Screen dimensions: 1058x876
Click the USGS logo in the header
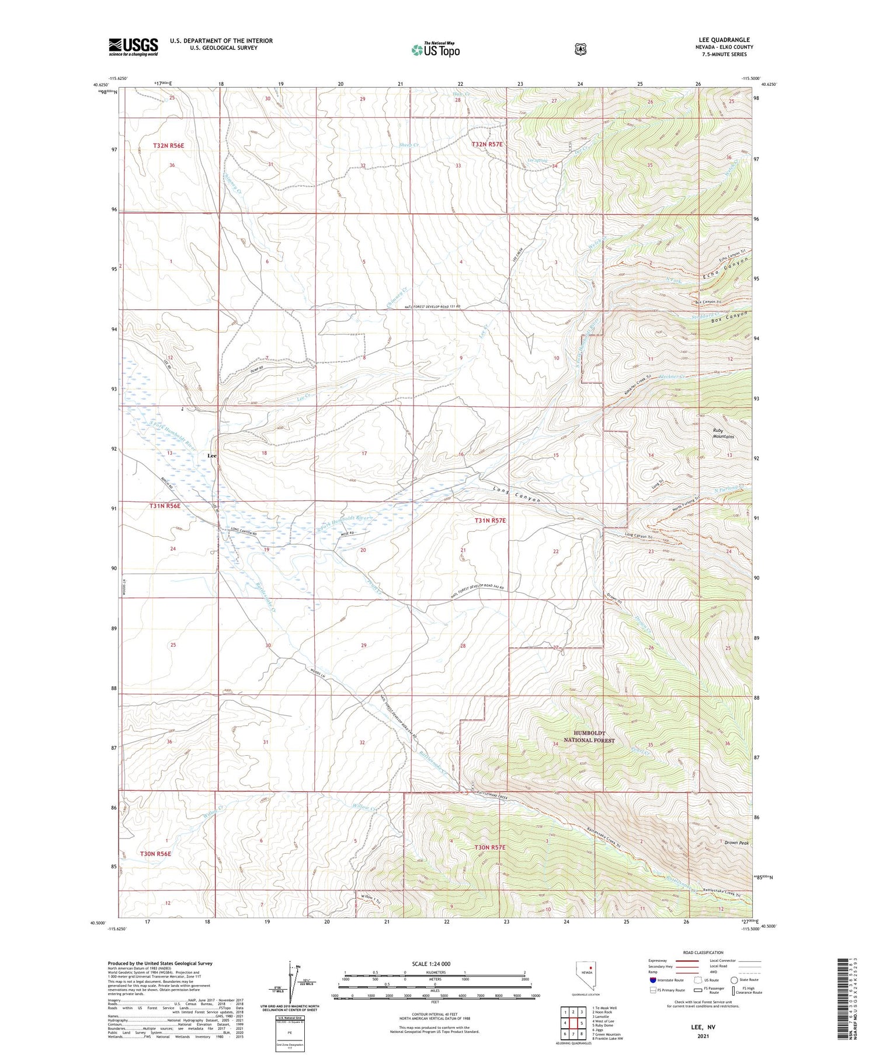(x=133, y=47)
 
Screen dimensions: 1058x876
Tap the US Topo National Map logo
(x=435, y=50)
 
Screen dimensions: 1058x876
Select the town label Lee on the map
(x=213, y=455)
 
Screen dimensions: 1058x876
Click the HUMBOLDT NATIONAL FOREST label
(x=589, y=736)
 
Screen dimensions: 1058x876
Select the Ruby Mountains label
(x=723, y=434)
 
